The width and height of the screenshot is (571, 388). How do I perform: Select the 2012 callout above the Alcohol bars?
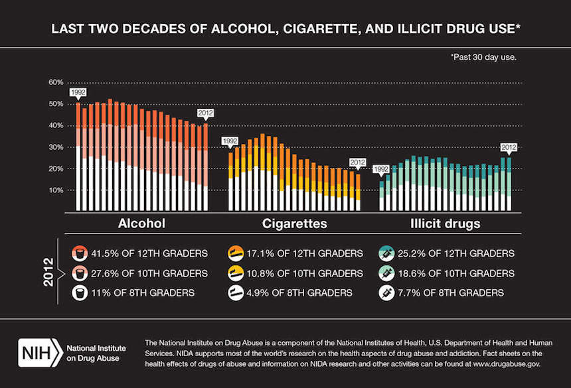(x=206, y=113)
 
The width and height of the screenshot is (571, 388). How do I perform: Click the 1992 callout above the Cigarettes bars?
(x=230, y=141)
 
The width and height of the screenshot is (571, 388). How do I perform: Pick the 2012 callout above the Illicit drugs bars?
(x=509, y=147)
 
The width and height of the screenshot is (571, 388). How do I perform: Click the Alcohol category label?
(x=141, y=223)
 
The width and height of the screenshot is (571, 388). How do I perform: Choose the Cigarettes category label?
(x=294, y=223)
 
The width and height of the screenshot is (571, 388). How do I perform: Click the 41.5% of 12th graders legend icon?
(x=79, y=253)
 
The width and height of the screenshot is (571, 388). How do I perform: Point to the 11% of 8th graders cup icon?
(x=79, y=292)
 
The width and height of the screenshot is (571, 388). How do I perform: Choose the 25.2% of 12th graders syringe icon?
(x=386, y=253)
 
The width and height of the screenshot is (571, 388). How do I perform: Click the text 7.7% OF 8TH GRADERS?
(x=457, y=292)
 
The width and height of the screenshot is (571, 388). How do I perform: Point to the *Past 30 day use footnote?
(x=483, y=57)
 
